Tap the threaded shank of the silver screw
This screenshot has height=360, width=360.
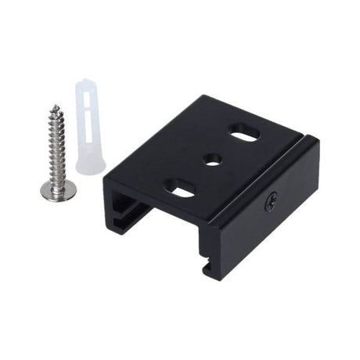(57, 145)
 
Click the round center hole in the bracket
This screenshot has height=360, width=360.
(212, 160)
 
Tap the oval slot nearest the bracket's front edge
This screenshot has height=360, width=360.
(182, 188)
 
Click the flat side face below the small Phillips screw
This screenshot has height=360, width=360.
(266, 235)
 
